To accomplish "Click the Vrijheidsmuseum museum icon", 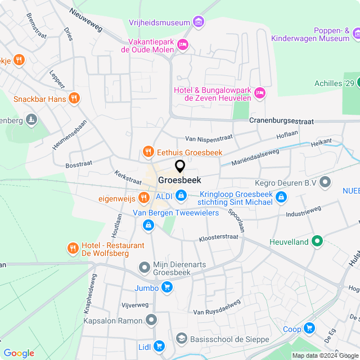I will pos(197,22).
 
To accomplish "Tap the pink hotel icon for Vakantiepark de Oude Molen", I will pos(182,44).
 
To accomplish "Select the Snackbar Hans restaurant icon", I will pos(74,99).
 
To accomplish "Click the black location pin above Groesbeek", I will pos(180,166).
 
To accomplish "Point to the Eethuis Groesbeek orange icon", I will pos(148,152).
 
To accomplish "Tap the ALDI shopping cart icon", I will pos(181,195).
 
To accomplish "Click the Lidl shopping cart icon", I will pos(159,346).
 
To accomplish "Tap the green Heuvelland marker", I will pos(317,241).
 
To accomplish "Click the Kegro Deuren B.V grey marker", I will pos(326,182).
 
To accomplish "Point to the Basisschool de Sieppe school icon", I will pos(181,338).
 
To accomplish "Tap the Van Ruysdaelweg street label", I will pos(217,307).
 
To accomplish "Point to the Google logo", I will pos(19,353).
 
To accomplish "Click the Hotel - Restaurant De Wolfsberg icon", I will pos(73,247).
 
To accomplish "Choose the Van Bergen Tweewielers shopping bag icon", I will pos(148,225).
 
